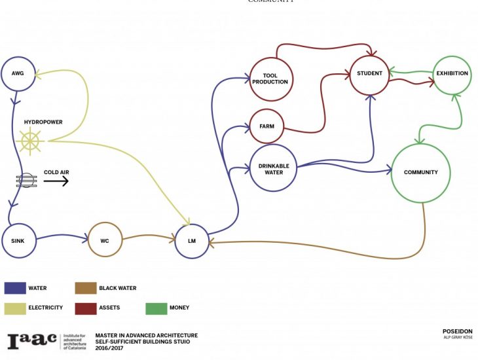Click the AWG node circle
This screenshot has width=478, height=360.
tap(18, 73)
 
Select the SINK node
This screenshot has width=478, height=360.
tap(18, 240)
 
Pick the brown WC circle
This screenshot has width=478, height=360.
tap(104, 240)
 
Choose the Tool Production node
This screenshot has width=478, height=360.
tap(270, 79)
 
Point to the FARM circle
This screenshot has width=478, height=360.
tap(267, 126)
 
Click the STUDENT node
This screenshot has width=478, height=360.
tap(369, 73)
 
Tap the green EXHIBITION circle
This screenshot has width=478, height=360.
tap(452, 73)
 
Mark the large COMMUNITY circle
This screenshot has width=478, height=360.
tap(420, 173)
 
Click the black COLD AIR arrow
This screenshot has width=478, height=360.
tap(56, 181)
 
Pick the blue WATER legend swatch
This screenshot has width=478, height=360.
tap(14, 288)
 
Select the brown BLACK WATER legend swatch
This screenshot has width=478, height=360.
tap(84, 288)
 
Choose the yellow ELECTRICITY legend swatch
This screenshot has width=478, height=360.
tap(14, 307)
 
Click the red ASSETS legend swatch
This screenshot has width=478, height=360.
tap(84, 307)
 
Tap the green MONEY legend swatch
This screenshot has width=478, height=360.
tap(155, 307)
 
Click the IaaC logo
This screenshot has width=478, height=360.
tap(32, 340)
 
